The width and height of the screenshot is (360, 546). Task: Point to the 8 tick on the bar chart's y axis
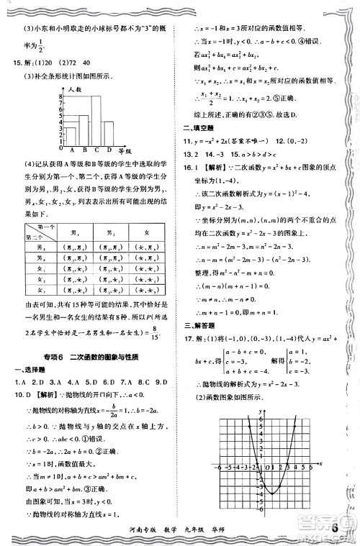(62, 95)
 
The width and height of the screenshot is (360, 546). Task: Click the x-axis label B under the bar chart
(83, 150)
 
